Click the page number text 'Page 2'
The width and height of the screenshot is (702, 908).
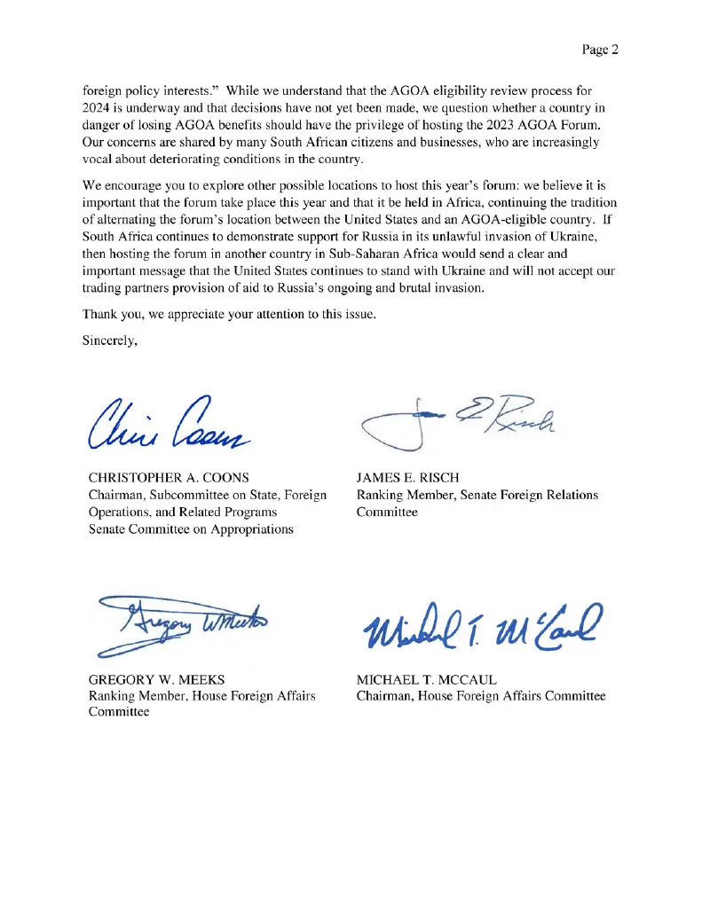pyautogui.click(x=600, y=50)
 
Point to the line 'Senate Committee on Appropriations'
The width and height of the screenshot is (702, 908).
pyautogui.click(x=191, y=528)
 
